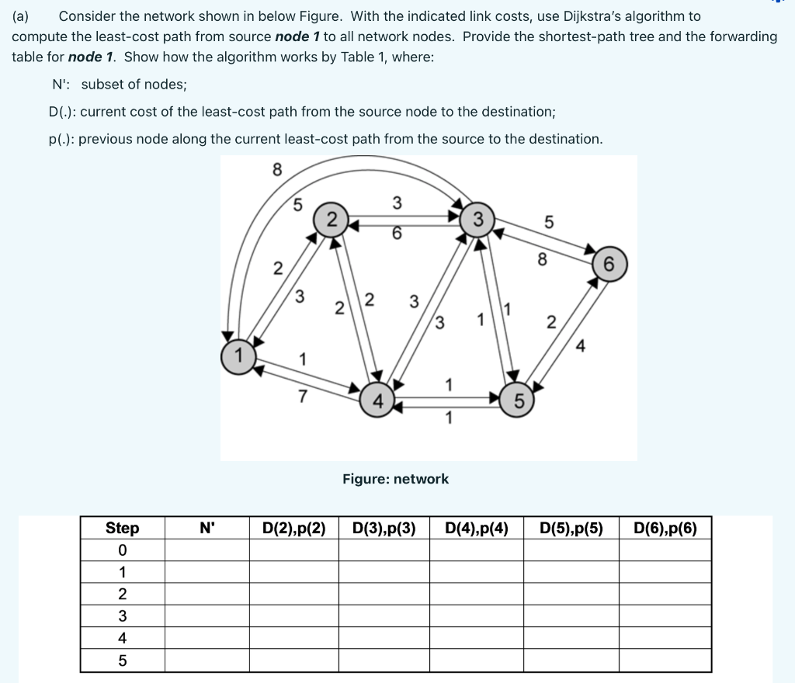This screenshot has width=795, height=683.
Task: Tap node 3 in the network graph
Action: point(479,217)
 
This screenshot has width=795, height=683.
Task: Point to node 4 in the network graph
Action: point(378,401)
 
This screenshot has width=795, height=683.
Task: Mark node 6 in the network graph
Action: point(609,264)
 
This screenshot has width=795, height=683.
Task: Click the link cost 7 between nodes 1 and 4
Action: point(303,397)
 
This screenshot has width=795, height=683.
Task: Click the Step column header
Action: point(123,529)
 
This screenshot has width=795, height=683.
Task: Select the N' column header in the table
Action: point(207,529)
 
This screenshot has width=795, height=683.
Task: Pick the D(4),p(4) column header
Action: point(477,529)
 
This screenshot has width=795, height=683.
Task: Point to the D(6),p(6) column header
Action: point(665,529)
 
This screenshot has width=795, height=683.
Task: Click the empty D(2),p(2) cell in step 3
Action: point(293,616)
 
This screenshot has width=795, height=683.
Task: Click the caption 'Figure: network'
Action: point(396,479)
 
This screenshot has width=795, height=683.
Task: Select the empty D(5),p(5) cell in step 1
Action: point(571,572)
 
